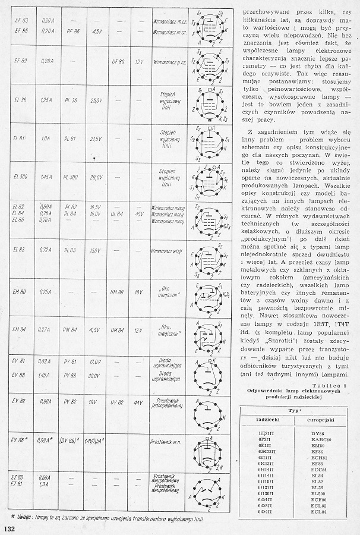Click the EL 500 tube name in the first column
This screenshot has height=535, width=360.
pos(21,177)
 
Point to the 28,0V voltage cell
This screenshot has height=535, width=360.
pos(96,177)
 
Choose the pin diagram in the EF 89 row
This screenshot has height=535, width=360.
pos(209,61)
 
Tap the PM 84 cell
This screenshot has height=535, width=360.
pos(72,329)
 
